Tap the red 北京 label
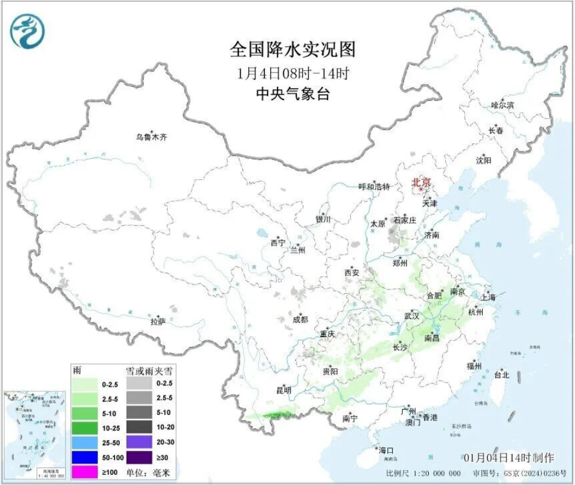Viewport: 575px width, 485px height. point(421,182)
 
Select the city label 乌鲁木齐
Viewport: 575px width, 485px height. point(151,137)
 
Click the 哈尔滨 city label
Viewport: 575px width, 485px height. point(502,105)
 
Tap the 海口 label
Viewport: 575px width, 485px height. point(386,450)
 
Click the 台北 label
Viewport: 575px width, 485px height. point(501,375)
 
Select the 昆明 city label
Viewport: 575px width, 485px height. point(284,390)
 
